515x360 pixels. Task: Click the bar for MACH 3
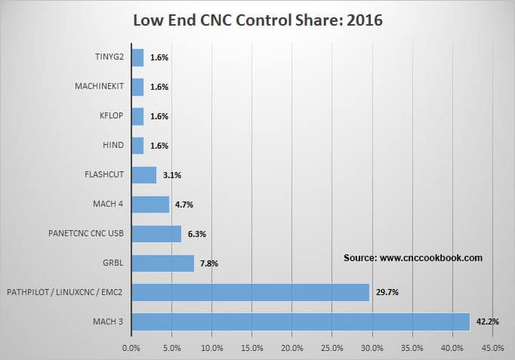(x=301, y=322)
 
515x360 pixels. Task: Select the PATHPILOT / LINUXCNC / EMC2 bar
(x=250, y=292)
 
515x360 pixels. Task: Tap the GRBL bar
(x=162, y=263)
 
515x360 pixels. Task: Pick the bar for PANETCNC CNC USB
(x=156, y=233)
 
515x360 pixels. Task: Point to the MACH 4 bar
(x=150, y=205)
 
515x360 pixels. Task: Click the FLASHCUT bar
(x=143, y=175)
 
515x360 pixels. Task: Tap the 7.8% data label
(x=209, y=263)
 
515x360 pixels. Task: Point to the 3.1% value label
(x=171, y=175)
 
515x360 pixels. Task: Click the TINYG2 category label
(x=106, y=58)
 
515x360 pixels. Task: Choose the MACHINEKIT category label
(x=99, y=88)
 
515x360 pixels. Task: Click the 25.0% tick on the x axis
(x=332, y=348)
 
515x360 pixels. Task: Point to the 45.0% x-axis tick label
(x=492, y=348)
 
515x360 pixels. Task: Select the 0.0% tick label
(x=131, y=348)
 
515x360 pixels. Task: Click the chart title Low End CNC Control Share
(x=257, y=20)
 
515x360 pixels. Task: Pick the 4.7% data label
(x=184, y=205)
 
